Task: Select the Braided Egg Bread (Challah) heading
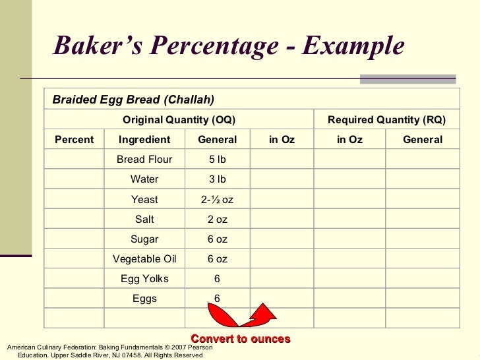point(133,100)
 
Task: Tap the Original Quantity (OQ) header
point(179,119)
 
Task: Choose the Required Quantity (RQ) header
point(386,119)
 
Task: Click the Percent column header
point(74,140)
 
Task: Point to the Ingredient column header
point(144,140)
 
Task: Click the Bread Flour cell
point(144,160)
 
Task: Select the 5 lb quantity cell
point(218,160)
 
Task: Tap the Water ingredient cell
point(144,179)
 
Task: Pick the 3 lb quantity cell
point(218,179)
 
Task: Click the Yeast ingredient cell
point(144,199)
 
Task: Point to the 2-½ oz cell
point(218,199)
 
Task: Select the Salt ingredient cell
point(144,219)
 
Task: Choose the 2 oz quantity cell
point(218,219)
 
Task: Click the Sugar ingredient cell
point(144,239)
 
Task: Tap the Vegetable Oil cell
point(144,258)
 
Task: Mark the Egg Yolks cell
point(144,278)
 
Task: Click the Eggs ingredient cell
point(144,298)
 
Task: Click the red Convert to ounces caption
point(241,339)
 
